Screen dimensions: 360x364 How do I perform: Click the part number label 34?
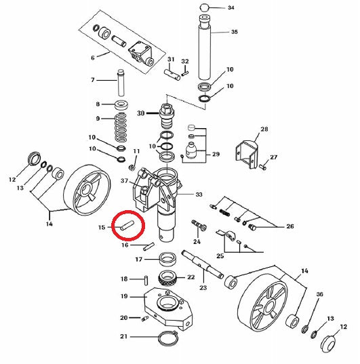231,7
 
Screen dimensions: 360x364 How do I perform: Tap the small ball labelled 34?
204,7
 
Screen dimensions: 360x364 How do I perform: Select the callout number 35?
235,32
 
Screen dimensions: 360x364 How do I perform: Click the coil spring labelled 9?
121,127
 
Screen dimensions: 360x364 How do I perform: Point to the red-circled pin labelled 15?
127,226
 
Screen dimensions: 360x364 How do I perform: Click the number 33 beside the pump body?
199,195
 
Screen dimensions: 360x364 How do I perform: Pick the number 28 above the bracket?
264,129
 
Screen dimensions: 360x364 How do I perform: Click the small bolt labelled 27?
262,166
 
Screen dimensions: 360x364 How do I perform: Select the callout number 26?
290,226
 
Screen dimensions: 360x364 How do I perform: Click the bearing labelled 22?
168,278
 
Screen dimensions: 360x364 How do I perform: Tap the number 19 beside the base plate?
124,296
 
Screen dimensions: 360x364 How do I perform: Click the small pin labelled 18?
146,279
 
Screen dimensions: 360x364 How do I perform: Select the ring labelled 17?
167,260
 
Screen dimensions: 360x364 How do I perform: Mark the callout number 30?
141,113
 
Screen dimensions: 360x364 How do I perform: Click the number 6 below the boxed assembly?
93,58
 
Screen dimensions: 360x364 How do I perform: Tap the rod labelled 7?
121,83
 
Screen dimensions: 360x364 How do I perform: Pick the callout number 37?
125,180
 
